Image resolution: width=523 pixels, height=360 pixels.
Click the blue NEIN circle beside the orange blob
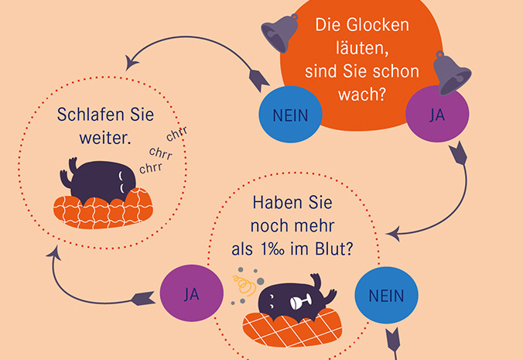291,116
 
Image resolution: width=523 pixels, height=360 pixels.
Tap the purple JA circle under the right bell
436,115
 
